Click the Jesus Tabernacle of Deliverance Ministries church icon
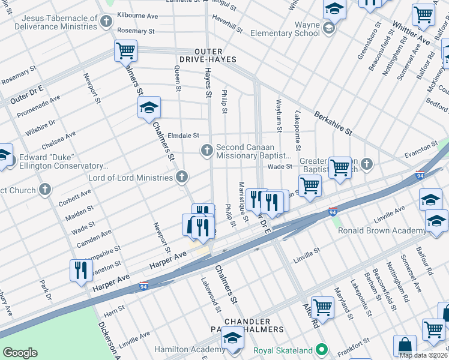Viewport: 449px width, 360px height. pos(106,23)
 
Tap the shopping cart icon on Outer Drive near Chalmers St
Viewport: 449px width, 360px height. pos(125,50)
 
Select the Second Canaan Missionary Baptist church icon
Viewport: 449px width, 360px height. pos(207,150)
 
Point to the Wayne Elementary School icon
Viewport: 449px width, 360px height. pos(328,28)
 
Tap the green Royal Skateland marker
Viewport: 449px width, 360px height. pos(322,349)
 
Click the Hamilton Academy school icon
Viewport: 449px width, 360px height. pos(232,338)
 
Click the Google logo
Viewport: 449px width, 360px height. pos(20,353)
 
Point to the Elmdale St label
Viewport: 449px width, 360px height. pos(183,136)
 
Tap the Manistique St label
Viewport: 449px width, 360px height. pos(244,201)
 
